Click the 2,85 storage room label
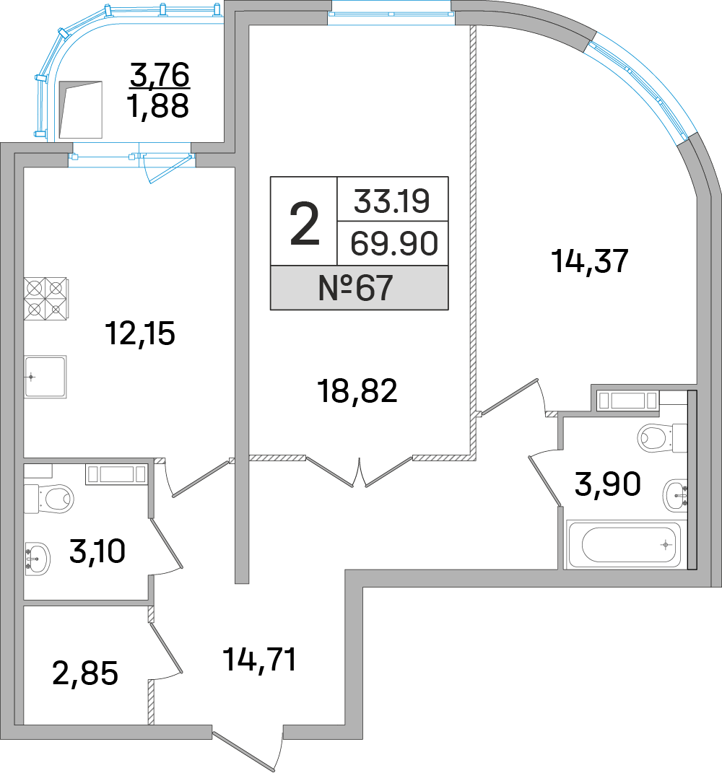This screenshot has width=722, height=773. coord(85,673)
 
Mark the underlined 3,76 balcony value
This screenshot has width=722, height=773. coord(159,74)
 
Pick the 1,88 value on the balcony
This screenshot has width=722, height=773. coord(158,106)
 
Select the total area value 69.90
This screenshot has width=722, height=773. coord(393,244)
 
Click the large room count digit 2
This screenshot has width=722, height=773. coord(304,222)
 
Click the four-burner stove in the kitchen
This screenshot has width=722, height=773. coord(45,299)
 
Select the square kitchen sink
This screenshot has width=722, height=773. coord(45,376)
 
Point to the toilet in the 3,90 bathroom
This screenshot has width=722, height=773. coord(657,437)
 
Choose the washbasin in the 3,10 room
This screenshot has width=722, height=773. coord(37,557)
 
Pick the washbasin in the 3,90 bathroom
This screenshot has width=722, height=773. coord(676,494)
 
